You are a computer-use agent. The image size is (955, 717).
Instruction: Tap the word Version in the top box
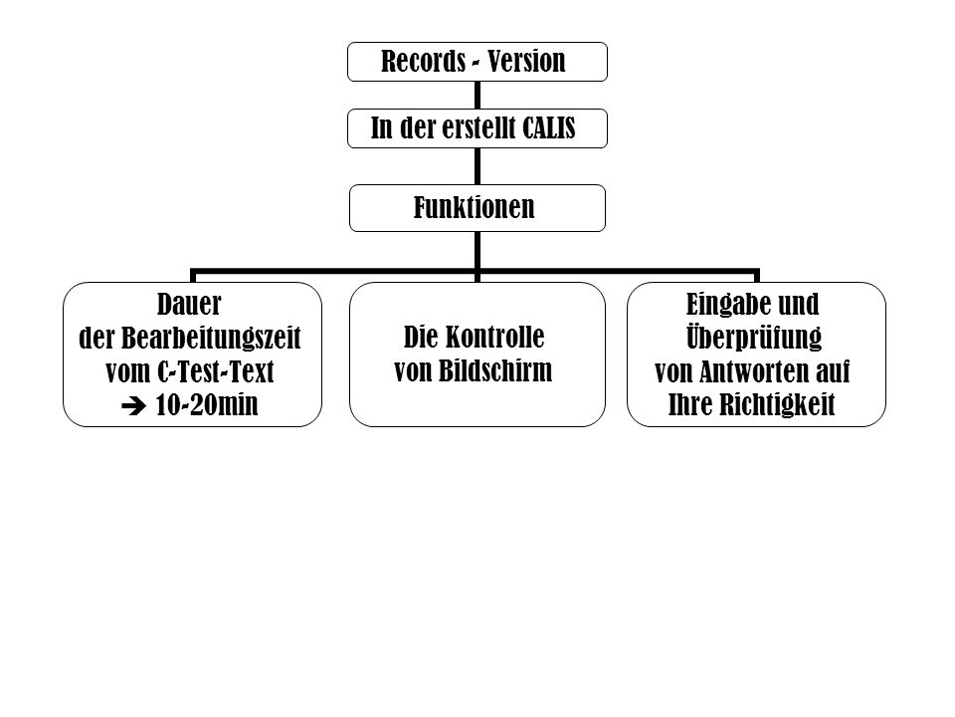click(526, 61)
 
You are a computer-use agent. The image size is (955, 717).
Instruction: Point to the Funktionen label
click(474, 207)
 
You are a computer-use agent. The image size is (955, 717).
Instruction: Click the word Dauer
click(189, 304)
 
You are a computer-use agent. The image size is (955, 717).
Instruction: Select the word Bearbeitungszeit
click(211, 339)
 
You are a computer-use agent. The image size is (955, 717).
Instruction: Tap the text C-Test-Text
click(216, 371)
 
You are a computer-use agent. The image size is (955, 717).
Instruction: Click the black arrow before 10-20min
click(133, 406)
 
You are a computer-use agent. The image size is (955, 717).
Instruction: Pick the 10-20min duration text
click(207, 405)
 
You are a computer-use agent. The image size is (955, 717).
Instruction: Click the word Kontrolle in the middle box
click(494, 338)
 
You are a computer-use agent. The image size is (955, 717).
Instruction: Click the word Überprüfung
click(754, 338)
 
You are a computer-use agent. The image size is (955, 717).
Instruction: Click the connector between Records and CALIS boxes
click(477, 96)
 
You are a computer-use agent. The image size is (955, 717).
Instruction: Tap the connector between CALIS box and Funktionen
click(477, 166)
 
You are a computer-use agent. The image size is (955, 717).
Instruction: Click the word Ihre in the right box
click(690, 405)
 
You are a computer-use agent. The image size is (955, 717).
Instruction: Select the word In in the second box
click(381, 128)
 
